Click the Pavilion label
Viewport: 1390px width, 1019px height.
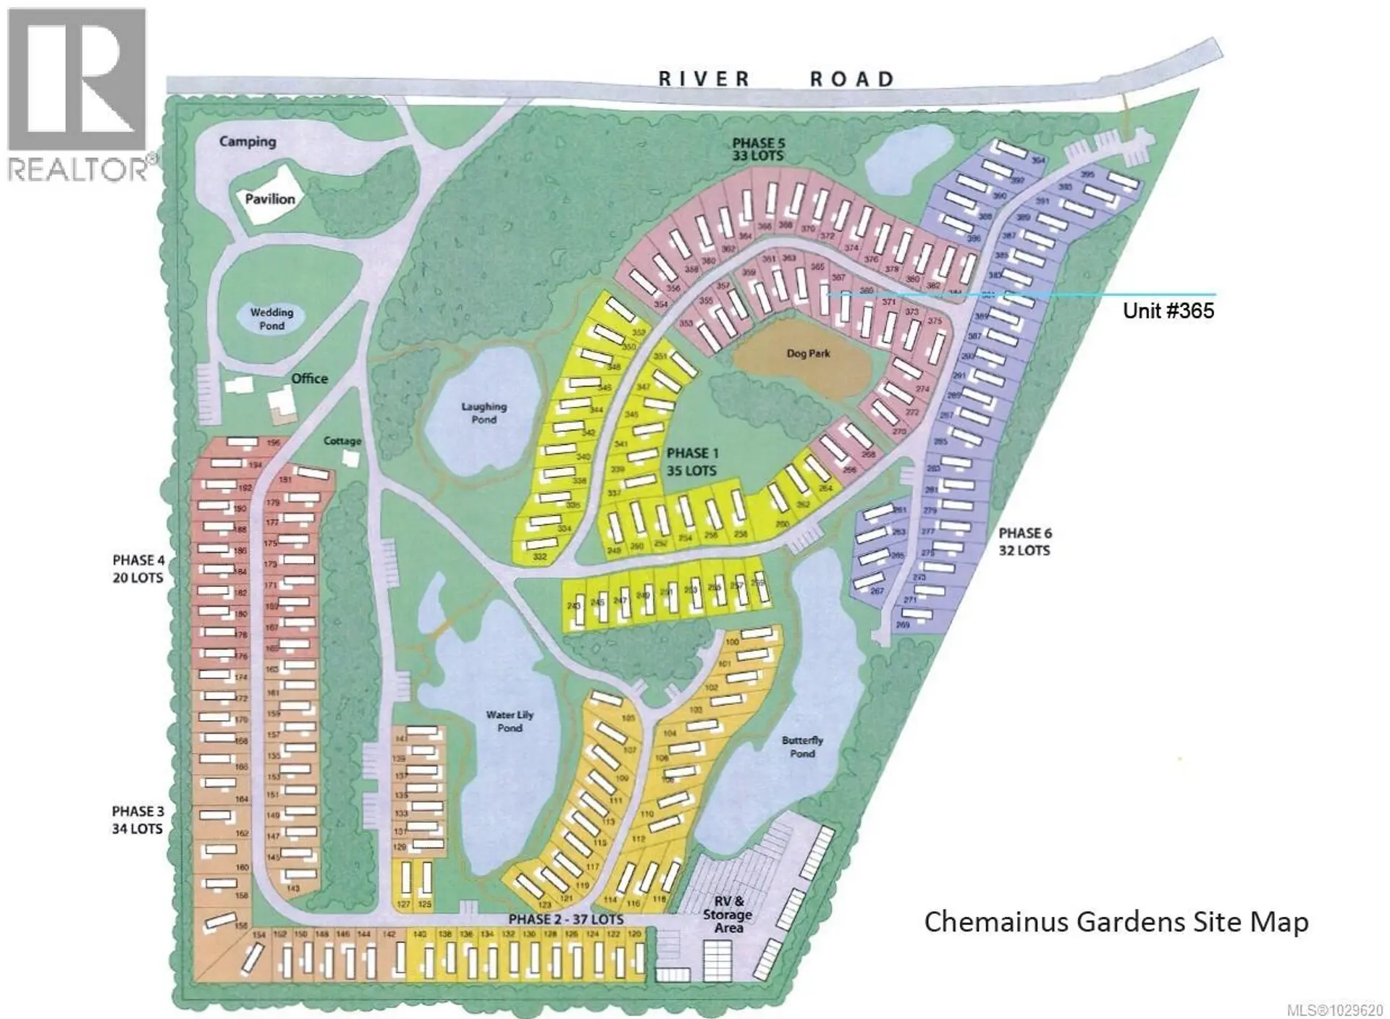pyautogui.click(x=269, y=198)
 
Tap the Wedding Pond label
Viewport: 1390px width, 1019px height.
pyautogui.click(x=271, y=318)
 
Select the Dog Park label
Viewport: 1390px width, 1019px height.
pyautogui.click(x=808, y=354)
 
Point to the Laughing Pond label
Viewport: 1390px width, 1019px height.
pyautogui.click(x=484, y=413)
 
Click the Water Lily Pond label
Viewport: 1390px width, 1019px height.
pyautogui.click(x=510, y=721)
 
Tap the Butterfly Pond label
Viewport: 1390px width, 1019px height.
pyautogui.click(x=802, y=747)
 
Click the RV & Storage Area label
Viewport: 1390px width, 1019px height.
pyautogui.click(x=728, y=914)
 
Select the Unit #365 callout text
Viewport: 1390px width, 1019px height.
pyautogui.click(x=1168, y=310)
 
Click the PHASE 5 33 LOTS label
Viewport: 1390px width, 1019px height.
pyautogui.click(x=757, y=149)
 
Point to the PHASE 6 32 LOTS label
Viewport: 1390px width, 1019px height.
pyautogui.click(x=1024, y=541)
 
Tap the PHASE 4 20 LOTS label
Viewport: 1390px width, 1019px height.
pyautogui.click(x=138, y=569)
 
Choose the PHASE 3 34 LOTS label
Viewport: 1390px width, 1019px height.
pyautogui.click(x=137, y=819)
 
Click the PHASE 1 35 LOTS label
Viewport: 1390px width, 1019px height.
pyautogui.click(x=691, y=462)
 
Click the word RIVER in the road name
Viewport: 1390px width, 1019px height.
pyautogui.click(x=704, y=79)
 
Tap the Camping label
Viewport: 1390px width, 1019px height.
pyautogui.click(x=248, y=141)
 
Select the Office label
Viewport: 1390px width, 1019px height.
pyautogui.click(x=309, y=379)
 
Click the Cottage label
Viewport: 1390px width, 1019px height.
pyautogui.click(x=342, y=441)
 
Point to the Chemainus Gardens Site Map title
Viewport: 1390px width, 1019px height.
pyautogui.click(x=1116, y=922)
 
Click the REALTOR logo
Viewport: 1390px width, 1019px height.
pyautogui.click(x=77, y=94)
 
